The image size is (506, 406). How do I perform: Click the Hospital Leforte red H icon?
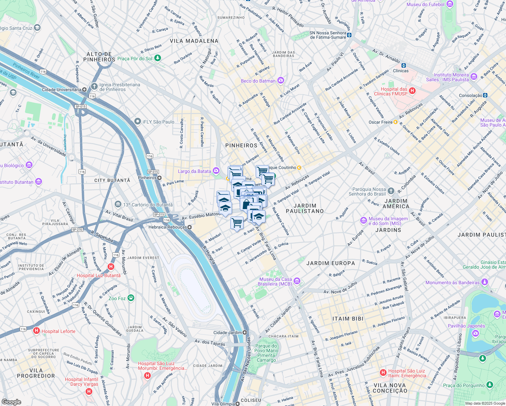[37, 331]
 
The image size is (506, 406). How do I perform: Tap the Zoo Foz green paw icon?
[131, 298]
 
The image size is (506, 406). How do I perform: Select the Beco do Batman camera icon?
[281, 81]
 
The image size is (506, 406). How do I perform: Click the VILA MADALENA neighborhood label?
[194, 41]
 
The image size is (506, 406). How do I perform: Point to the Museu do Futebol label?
[425, 4]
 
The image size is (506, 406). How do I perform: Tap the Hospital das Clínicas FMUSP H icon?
[412, 91]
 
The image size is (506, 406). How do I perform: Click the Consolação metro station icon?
[485, 95]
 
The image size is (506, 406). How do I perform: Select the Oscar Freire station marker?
[395, 122]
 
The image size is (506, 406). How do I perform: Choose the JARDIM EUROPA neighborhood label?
[330, 263]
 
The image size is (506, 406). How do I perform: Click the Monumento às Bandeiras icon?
[485, 282]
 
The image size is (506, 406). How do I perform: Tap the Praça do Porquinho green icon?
[490, 385]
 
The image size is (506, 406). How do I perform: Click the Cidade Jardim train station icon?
[245, 333]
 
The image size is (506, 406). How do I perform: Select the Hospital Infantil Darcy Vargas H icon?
[89, 391]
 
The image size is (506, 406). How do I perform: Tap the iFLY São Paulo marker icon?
[137, 121]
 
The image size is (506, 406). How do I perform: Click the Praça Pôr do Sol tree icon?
[157, 58]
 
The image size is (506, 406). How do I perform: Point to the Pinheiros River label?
[26, 70]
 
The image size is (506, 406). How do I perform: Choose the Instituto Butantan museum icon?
[39, 182]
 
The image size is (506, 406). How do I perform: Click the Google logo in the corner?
[11, 402]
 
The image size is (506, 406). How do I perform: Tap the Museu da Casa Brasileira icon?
[297, 281]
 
